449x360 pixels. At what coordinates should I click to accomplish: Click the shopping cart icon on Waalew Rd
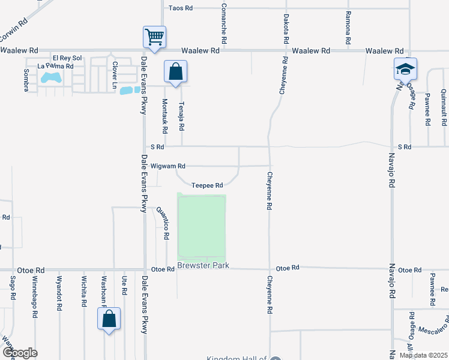coord(154,37)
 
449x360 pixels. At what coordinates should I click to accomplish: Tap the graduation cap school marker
coord(405,69)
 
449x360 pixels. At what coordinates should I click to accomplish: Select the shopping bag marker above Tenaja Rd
coord(175,73)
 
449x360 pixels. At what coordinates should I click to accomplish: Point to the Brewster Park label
coord(203,265)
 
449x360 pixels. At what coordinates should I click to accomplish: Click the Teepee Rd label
coord(208,185)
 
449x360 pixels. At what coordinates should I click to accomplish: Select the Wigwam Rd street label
coord(168,166)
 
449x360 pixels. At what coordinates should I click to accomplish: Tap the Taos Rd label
coord(180,8)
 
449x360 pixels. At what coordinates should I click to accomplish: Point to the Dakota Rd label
coord(286,28)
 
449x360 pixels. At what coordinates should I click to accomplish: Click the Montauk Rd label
coord(164,116)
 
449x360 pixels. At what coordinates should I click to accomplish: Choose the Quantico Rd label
coord(163,224)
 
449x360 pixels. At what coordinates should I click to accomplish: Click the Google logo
coord(19,353)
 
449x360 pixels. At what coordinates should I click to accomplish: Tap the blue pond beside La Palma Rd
coord(50,77)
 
